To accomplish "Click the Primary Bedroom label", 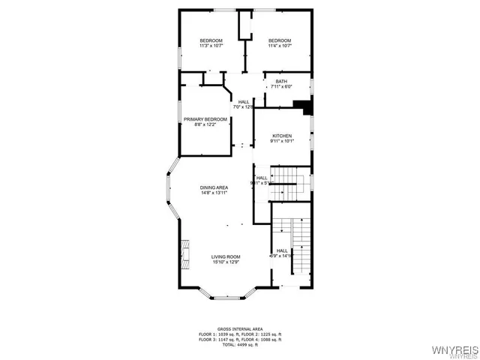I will pyautogui.click(x=205, y=119).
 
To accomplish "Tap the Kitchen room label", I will pyautogui.click(x=282, y=136).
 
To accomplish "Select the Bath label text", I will pyautogui.click(x=281, y=82).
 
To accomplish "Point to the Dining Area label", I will pyautogui.click(x=214, y=187).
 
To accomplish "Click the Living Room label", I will pyautogui.click(x=225, y=256).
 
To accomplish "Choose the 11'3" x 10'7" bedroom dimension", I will pyautogui.click(x=211, y=46).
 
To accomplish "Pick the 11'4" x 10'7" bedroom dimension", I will pyautogui.click(x=280, y=46).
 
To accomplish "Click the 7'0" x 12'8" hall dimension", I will pyautogui.click(x=244, y=107).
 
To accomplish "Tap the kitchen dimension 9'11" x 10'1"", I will pyautogui.click(x=282, y=141).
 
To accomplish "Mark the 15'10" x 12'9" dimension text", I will pyautogui.click(x=225, y=262).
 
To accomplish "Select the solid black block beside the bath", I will pyautogui.click(x=303, y=106).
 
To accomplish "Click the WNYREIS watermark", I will pyautogui.click(x=452, y=350).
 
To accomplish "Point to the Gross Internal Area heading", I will pyautogui.click(x=240, y=328).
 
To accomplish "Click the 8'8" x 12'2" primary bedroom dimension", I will pyautogui.click(x=205, y=124).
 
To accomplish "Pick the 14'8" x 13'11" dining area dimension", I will pyautogui.click(x=214, y=193).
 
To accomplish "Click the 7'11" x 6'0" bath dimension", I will pyautogui.click(x=281, y=87).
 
